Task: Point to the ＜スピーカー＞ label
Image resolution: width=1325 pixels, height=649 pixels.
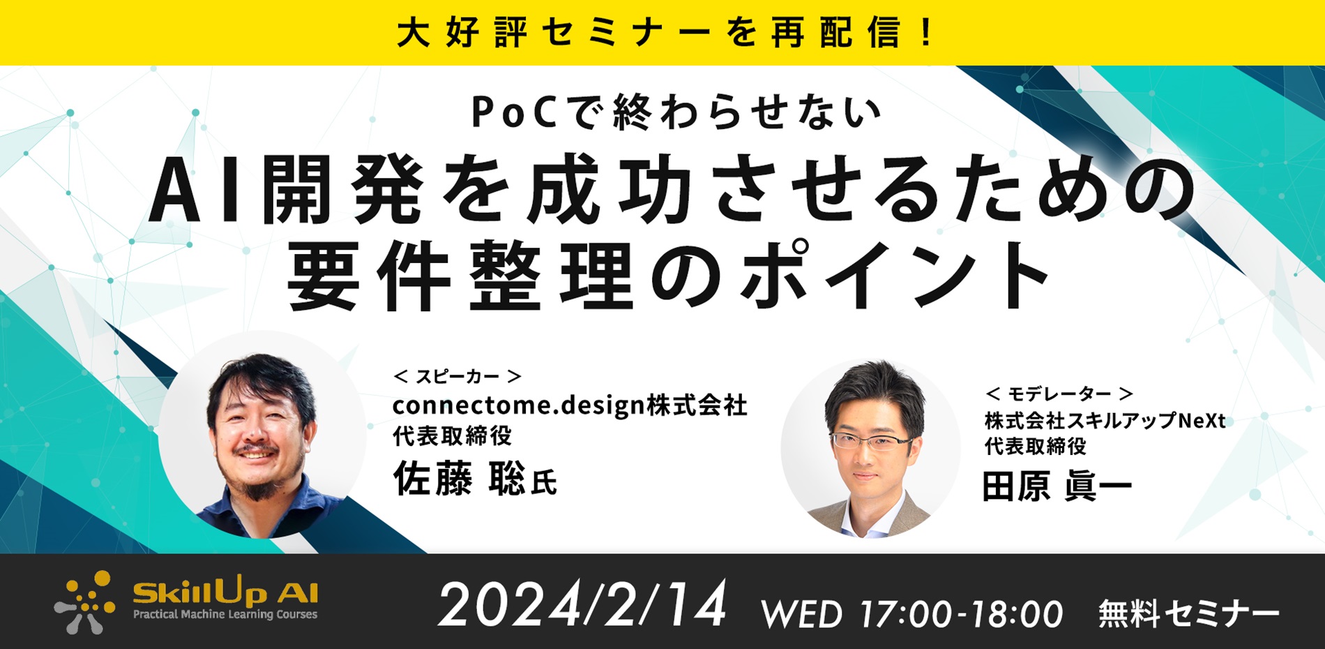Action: (457, 377)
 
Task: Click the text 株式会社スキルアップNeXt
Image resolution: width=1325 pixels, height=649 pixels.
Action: (1105, 421)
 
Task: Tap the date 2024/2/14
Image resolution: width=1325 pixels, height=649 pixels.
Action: (582, 605)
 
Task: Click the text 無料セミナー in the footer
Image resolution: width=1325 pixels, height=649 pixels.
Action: (1188, 614)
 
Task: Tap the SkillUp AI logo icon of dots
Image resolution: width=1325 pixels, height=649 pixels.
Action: (85, 602)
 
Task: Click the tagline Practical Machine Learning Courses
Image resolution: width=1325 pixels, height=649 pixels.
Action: (225, 615)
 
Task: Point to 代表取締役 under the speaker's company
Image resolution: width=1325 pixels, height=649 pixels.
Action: (452, 436)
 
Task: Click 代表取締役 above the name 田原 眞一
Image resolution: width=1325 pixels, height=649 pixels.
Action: (1035, 446)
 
